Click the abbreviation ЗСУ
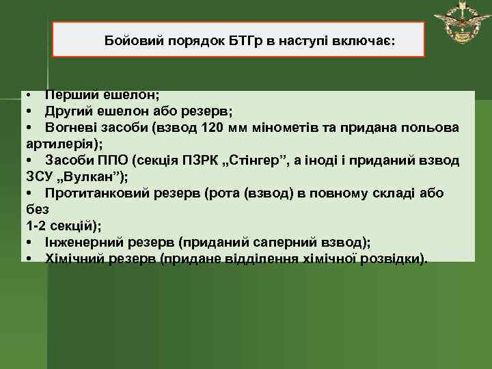pyautogui.click(x=39, y=176)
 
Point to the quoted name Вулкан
pyautogui.click(x=92, y=176)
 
